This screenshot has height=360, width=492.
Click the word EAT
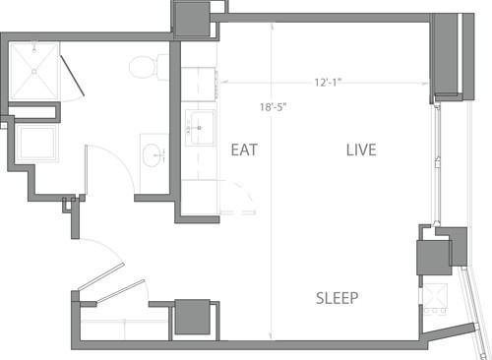pos(245,150)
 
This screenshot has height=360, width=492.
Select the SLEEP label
pos(337,298)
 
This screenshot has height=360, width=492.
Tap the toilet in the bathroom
pos(145,66)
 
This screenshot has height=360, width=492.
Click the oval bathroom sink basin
pos(154,155)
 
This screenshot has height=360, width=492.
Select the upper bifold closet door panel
pos(99,277)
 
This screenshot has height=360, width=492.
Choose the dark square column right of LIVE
pos(433,257)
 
